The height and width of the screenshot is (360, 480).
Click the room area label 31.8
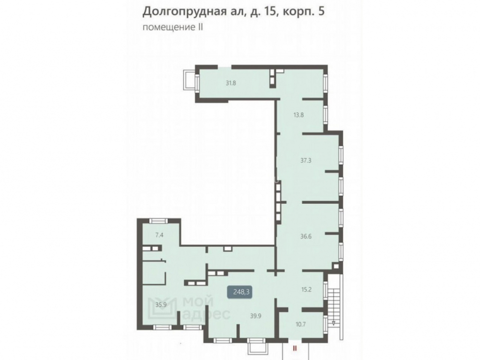pos(231,83)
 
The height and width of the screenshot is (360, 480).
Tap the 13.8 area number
pos(299,115)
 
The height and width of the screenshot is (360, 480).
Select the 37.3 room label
pos(306,160)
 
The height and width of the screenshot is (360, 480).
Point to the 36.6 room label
pos(306,236)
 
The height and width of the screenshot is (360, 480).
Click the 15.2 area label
pos(306,289)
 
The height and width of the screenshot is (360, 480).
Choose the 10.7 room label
pos(300,324)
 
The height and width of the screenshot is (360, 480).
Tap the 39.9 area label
pos(256,316)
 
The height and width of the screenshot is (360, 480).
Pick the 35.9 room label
pos(161,305)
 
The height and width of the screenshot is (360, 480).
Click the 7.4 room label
pos(159,235)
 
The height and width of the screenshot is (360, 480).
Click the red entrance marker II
pos(295,348)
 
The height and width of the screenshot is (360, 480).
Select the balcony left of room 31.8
pos(190,80)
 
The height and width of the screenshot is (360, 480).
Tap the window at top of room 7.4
pos(159,221)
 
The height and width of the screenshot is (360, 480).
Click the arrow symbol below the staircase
pos(334,323)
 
